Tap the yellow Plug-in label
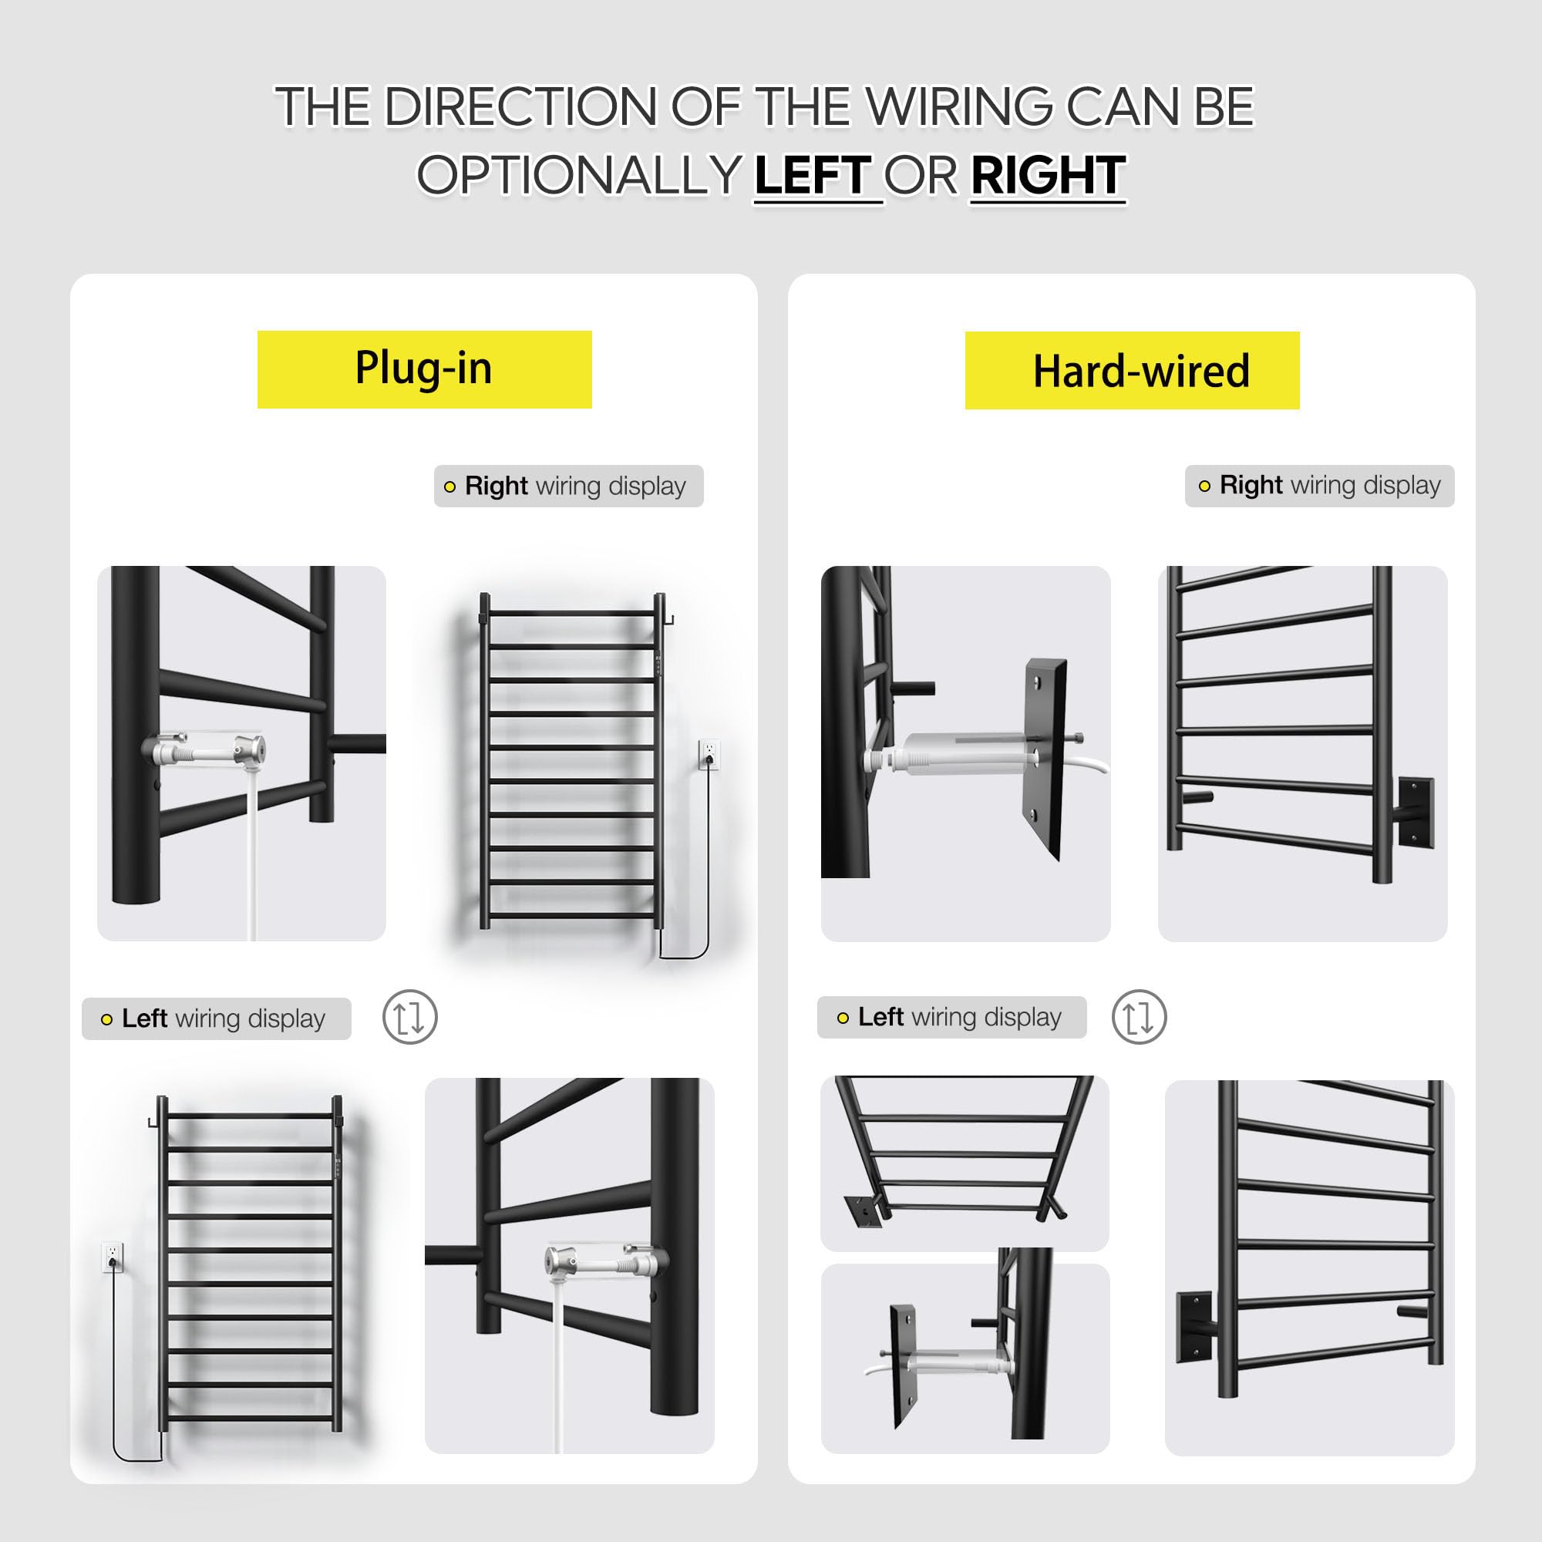[x=424, y=369]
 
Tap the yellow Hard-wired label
[x=1132, y=370]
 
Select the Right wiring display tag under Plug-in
[x=568, y=486]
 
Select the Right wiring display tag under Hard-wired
[x=1319, y=485]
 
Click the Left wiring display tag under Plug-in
[x=217, y=1018]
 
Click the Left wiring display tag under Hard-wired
[x=951, y=1017]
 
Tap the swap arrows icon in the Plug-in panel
[x=409, y=1017]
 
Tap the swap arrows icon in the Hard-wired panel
[x=1139, y=1017]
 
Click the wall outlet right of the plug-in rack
[x=709, y=754]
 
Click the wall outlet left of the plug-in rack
[x=113, y=1257]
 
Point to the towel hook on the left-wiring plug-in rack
[x=153, y=1121]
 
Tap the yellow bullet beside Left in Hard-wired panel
[x=843, y=1018]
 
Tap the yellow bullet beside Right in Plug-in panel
[x=449, y=487]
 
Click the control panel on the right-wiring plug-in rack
[x=658, y=664]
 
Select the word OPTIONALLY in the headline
[x=579, y=176]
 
